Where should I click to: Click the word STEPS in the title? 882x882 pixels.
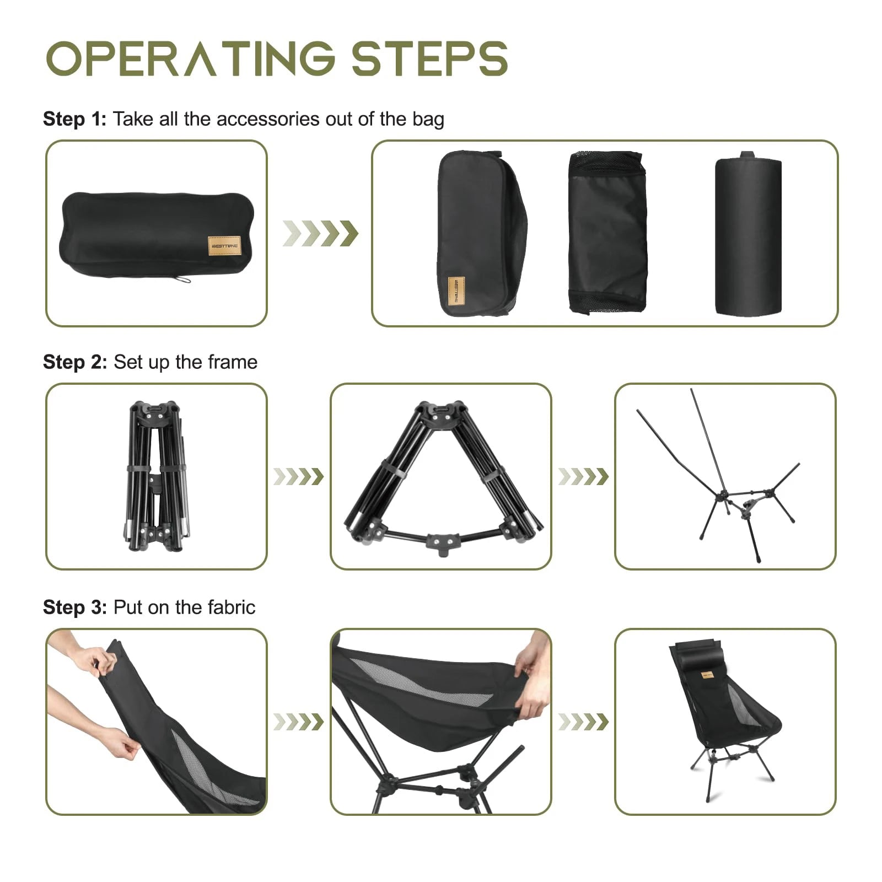click(x=429, y=58)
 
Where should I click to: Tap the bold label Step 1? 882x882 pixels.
click(x=74, y=119)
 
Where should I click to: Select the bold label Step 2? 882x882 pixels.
click(x=74, y=362)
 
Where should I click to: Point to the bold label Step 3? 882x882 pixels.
click(x=74, y=607)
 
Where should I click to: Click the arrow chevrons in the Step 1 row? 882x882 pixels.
click(x=320, y=233)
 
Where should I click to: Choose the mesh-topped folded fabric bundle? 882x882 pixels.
click(x=606, y=232)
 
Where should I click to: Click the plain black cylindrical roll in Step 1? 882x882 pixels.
click(x=748, y=236)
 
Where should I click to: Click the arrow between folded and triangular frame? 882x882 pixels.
click(x=298, y=477)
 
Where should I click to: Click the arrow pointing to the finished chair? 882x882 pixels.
click(x=583, y=722)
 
